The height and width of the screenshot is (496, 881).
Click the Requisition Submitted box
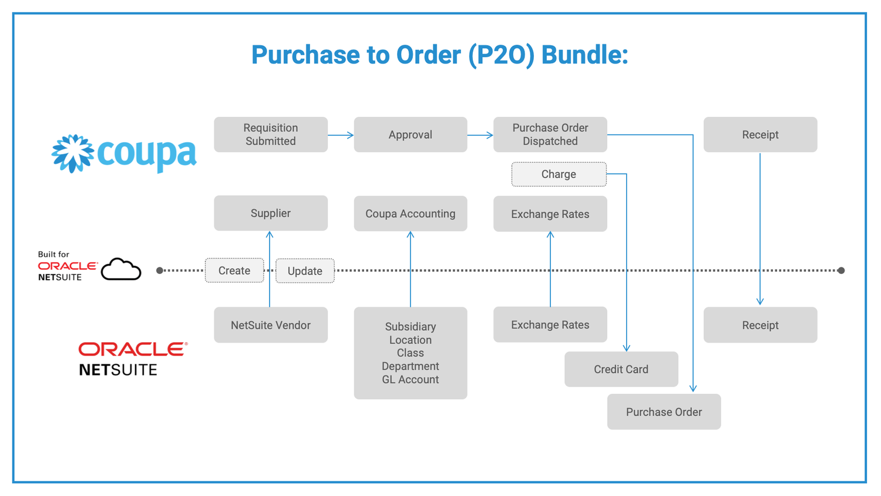click(x=271, y=135)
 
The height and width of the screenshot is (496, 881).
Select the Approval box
click(x=410, y=135)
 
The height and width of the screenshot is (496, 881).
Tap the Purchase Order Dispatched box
click(x=550, y=135)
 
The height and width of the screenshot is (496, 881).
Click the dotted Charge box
click(x=559, y=175)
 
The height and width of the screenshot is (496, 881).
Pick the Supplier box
click(x=271, y=213)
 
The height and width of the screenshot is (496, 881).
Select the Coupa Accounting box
click(x=410, y=214)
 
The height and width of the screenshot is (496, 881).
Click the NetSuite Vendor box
click(x=271, y=325)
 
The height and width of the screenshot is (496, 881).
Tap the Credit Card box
click(x=621, y=369)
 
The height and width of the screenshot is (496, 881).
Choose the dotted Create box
click(x=234, y=271)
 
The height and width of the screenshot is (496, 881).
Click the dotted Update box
click(x=305, y=271)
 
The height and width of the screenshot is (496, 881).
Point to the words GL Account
click(x=410, y=380)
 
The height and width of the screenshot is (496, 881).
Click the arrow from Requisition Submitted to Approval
click(x=341, y=135)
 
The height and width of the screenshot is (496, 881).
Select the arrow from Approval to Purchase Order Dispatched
click(x=480, y=135)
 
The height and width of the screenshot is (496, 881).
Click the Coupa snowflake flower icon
click(x=73, y=153)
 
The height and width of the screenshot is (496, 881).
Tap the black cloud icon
click(x=121, y=270)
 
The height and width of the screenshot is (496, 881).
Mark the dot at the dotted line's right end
click(x=841, y=270)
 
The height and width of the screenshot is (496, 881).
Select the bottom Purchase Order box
click(x=664, y=412)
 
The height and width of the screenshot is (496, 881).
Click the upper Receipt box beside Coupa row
click(x=760, y=135)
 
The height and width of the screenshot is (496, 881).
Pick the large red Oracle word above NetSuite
click(x=133, y=349)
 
